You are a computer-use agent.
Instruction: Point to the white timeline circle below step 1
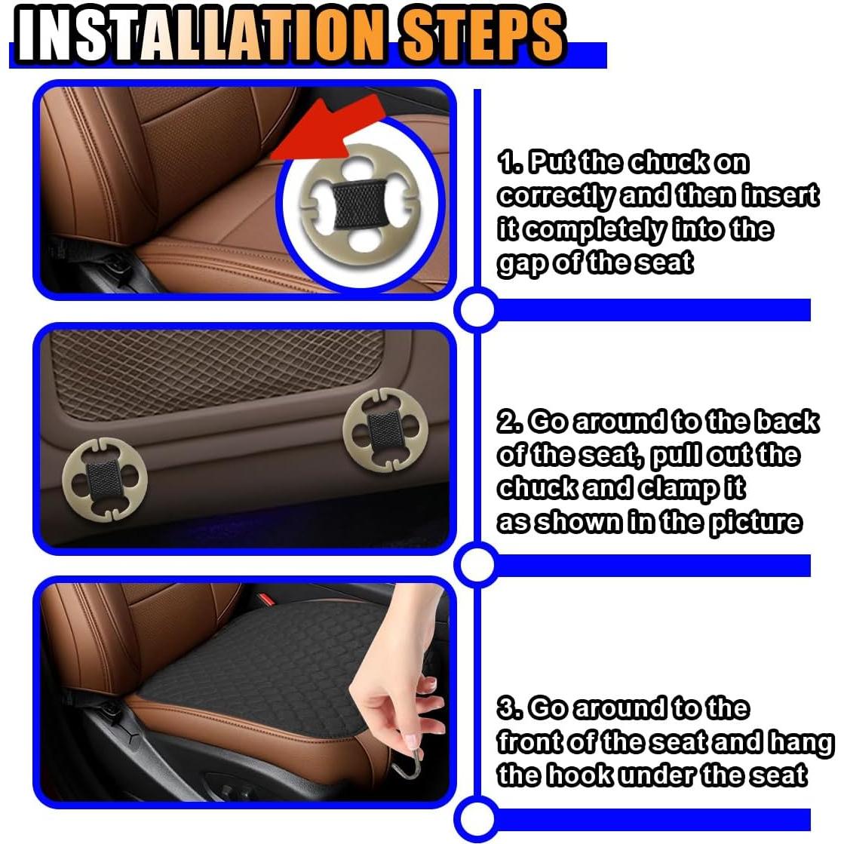pyautogui.click(x=476, y=310)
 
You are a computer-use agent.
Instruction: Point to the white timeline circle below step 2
pyautogui.click(x=476, y=565)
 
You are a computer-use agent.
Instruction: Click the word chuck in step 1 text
pyautogui.click(x=668, y=163)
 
